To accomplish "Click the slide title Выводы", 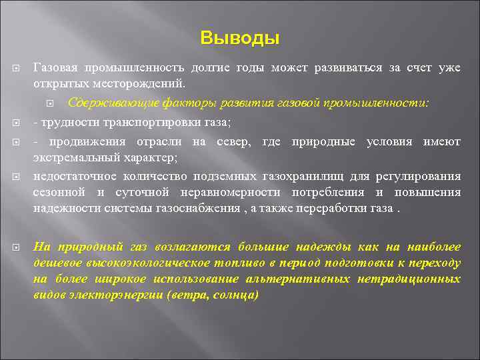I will pyautogui.click(x=240, y=38).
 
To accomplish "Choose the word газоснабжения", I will pyautogui.click(x=203, y=208).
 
